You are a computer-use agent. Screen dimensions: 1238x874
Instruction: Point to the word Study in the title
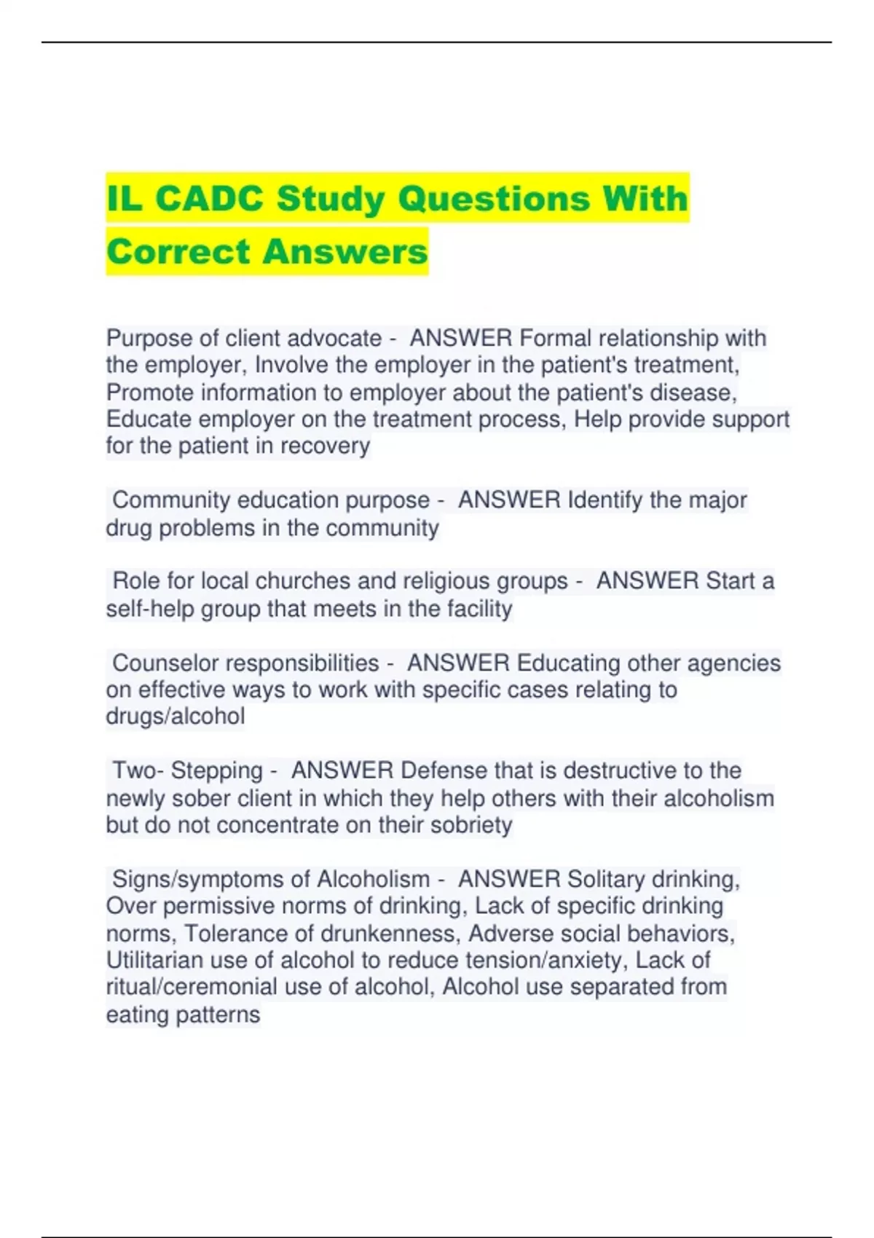[331, 200]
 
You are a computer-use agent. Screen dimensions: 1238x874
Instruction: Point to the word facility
[477, 609]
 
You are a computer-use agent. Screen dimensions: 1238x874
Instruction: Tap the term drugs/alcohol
[176, 717]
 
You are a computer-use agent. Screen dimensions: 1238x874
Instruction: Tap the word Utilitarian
[154, 961]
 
